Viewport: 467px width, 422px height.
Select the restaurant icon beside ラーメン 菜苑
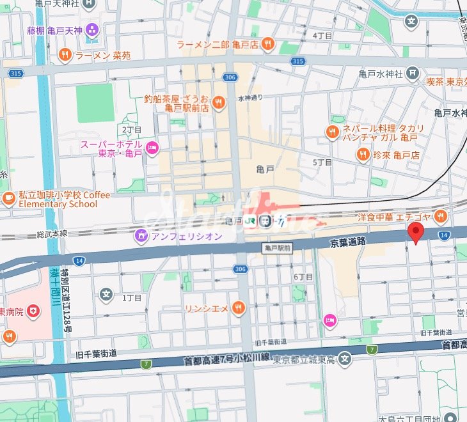(x=65, y=55)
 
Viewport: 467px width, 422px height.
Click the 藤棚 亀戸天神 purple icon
(x=92, y=29)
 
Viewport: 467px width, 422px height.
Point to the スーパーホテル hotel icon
(x=152, y=148)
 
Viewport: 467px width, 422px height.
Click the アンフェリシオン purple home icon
(x=141, y=236)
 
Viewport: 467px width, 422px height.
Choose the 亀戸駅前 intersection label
(x=277, y=247)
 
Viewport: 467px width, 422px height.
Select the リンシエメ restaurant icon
(x=238, y=308)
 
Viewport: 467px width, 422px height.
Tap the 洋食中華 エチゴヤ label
(x=397, y=217)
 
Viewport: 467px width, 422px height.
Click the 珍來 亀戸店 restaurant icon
(x=363, y=154)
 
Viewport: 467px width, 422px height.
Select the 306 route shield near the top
(x=231, y=77)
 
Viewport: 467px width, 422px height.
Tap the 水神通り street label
(x=251, y=98)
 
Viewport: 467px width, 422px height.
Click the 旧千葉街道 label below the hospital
(x=96, y=354)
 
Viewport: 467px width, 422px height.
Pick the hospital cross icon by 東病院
(x=32, y=311)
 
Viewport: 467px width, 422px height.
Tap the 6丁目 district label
(x=303, y=277)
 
